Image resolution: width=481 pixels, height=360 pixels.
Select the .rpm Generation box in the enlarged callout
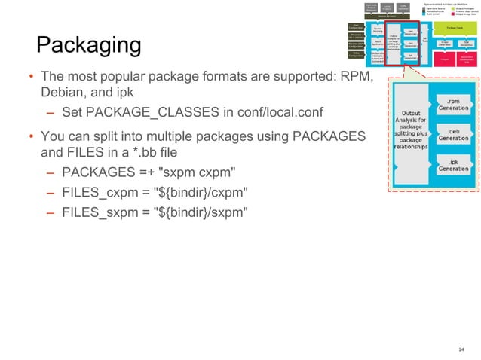click(x=454, y=105)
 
